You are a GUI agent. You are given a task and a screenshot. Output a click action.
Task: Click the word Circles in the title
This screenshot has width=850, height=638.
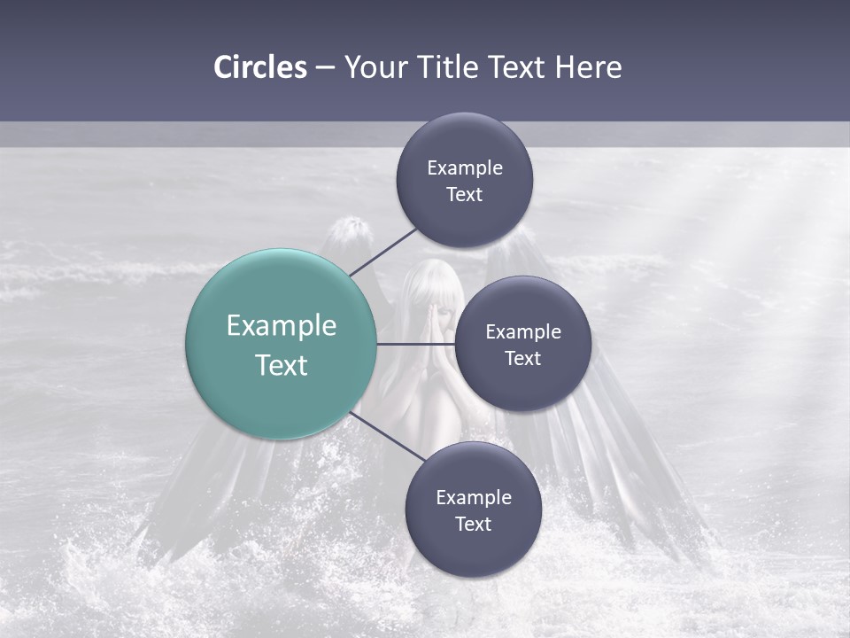coord(260,67)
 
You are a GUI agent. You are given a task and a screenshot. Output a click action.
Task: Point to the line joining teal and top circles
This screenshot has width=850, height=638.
coord(382,252)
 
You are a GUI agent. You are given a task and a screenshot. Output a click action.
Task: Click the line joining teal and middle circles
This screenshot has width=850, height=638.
coord(414,344)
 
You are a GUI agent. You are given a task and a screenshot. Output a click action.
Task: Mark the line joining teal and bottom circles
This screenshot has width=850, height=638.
coord(387,437)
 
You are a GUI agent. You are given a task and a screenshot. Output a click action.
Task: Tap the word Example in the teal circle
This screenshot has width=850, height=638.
coord(282,326)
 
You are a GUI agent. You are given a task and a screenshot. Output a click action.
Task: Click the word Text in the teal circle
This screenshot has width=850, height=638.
coord(282,365)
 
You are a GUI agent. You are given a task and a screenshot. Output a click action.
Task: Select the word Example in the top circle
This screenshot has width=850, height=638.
coord(465,168)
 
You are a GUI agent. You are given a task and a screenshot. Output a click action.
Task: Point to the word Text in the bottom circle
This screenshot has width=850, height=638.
coord(473,525)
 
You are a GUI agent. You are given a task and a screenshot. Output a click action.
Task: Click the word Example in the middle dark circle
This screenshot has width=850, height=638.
coord(523,332)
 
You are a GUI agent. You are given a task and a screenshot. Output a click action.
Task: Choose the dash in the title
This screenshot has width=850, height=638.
coord(325,68)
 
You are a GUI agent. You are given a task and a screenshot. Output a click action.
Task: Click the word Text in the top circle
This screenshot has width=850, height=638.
coord(465,195)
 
